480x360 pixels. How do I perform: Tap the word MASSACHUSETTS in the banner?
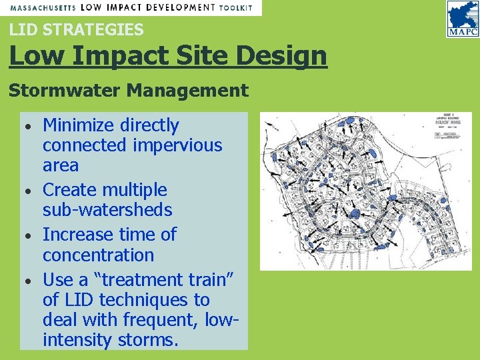tap(41, 7)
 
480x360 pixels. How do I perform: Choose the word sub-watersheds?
tap(107, 210)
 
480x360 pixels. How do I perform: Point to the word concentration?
tap(98, 255)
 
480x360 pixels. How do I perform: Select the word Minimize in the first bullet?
tap(79, 125)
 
